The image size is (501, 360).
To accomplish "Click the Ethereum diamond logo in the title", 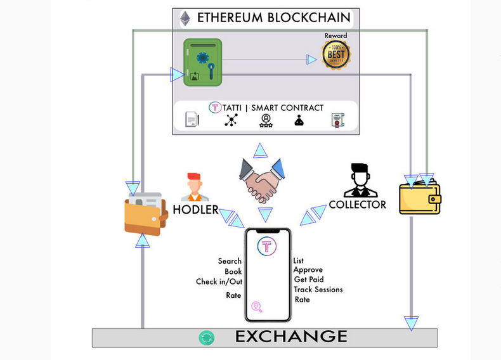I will (x=185, y=18).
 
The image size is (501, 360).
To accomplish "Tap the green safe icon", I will (x=202, y=62).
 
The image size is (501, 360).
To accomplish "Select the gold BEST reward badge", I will (x=336, y=55).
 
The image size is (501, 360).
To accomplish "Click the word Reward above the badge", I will (x=336, y=35).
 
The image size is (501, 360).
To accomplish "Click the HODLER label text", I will (x=196, y=209).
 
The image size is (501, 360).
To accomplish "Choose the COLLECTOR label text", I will (x=357, y=205).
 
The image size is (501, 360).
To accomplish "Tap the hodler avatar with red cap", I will (x=194, y=186).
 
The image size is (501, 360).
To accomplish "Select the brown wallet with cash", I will (x=145, y=214).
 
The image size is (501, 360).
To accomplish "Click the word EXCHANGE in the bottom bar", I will (x=291, y=337).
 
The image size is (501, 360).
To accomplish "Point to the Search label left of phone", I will (x=230, y=261).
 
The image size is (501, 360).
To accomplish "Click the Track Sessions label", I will (x=318, y=290).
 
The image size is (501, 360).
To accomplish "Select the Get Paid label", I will (x=309, y=280).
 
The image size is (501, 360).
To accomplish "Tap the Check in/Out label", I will (x=219, y=282).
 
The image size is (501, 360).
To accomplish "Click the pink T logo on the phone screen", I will (x=267, y=247).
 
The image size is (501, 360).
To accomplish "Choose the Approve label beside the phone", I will (x=308, y=270).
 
